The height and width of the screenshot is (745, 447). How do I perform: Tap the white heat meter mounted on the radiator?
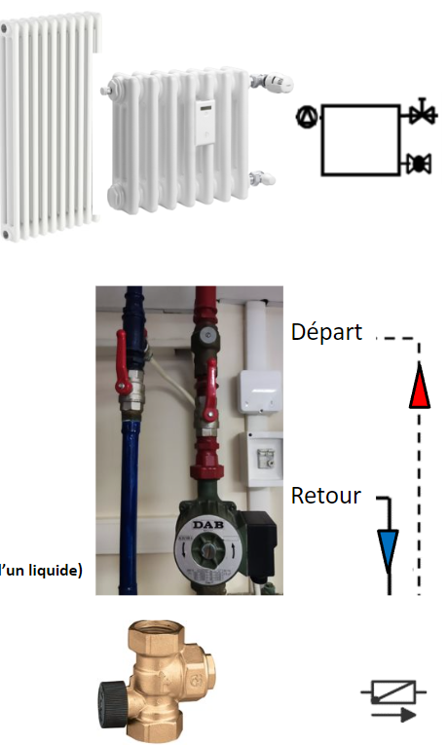pyautogui.click(x=205, y=122)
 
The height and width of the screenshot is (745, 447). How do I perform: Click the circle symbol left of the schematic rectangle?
pyautogui.click(x=307, y=117)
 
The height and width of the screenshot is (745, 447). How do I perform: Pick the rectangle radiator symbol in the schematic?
pyautogui.click(x=360, y=139)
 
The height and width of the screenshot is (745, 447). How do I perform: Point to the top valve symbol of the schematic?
pyautogui.click(x=422, y=113)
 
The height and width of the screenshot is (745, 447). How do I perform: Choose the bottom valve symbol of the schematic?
pyautogui.click(x=419, y=164)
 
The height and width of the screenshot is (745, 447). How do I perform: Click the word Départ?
pyautogui.click(x=327, y=333)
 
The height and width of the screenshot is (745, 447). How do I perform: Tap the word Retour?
pyautogui.click(x=326, y=496)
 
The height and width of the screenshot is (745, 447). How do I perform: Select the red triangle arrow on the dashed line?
pyautogui.click(x=420, y=386)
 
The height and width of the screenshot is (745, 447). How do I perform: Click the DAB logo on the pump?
pyautogui.click(x=208, y=526)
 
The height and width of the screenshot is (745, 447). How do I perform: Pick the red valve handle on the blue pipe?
pyautogui.click(x=123, y=363)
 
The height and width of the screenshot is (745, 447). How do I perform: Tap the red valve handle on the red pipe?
pyautogui.click(x=210, y=391)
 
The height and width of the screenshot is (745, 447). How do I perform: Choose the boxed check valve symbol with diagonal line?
pyautogui.click(x=393, y=691)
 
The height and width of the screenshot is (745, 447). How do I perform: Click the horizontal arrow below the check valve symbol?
pyautogui.click(x=393, y=715)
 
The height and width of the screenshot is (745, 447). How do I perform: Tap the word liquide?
pyautogui.click(x=54, y=570)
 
